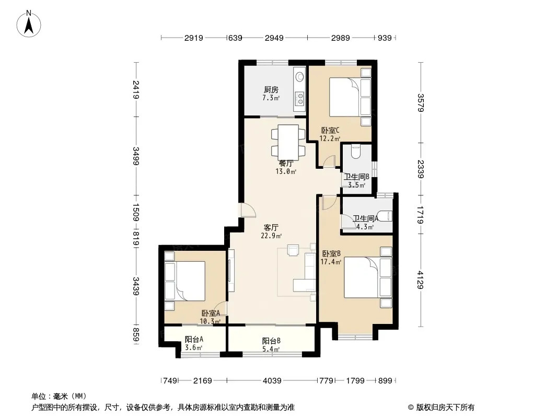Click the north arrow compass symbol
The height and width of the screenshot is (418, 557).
tap(29, 24)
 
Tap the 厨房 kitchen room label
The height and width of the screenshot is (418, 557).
tap(271, 90)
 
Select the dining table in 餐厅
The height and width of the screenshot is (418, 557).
tap(288, 141)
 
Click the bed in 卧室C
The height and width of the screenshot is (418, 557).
tap(351, 97)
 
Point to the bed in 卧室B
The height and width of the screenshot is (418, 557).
tap(368, 277)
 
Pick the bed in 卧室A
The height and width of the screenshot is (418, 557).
tap(185, 281)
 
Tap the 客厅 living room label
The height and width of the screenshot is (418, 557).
tap(271, 227)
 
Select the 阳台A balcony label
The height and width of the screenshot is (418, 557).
tap(194, 340)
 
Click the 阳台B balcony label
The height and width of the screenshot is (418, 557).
tap(271, 341)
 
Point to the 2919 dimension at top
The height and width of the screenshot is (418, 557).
tap(194, 38)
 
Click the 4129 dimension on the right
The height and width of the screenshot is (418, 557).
tap(421, 280)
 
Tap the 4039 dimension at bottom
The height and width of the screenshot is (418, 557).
tap(272, 381)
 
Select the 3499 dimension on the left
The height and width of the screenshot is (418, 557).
tap(136, 156)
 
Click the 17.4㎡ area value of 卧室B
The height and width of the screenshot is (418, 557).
tap(331, 262)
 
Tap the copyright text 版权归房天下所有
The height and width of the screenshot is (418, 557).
tap(445, 408)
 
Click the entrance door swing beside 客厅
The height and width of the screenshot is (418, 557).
tap(247, 210)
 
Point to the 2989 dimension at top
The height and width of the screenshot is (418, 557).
tap(340, 38)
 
